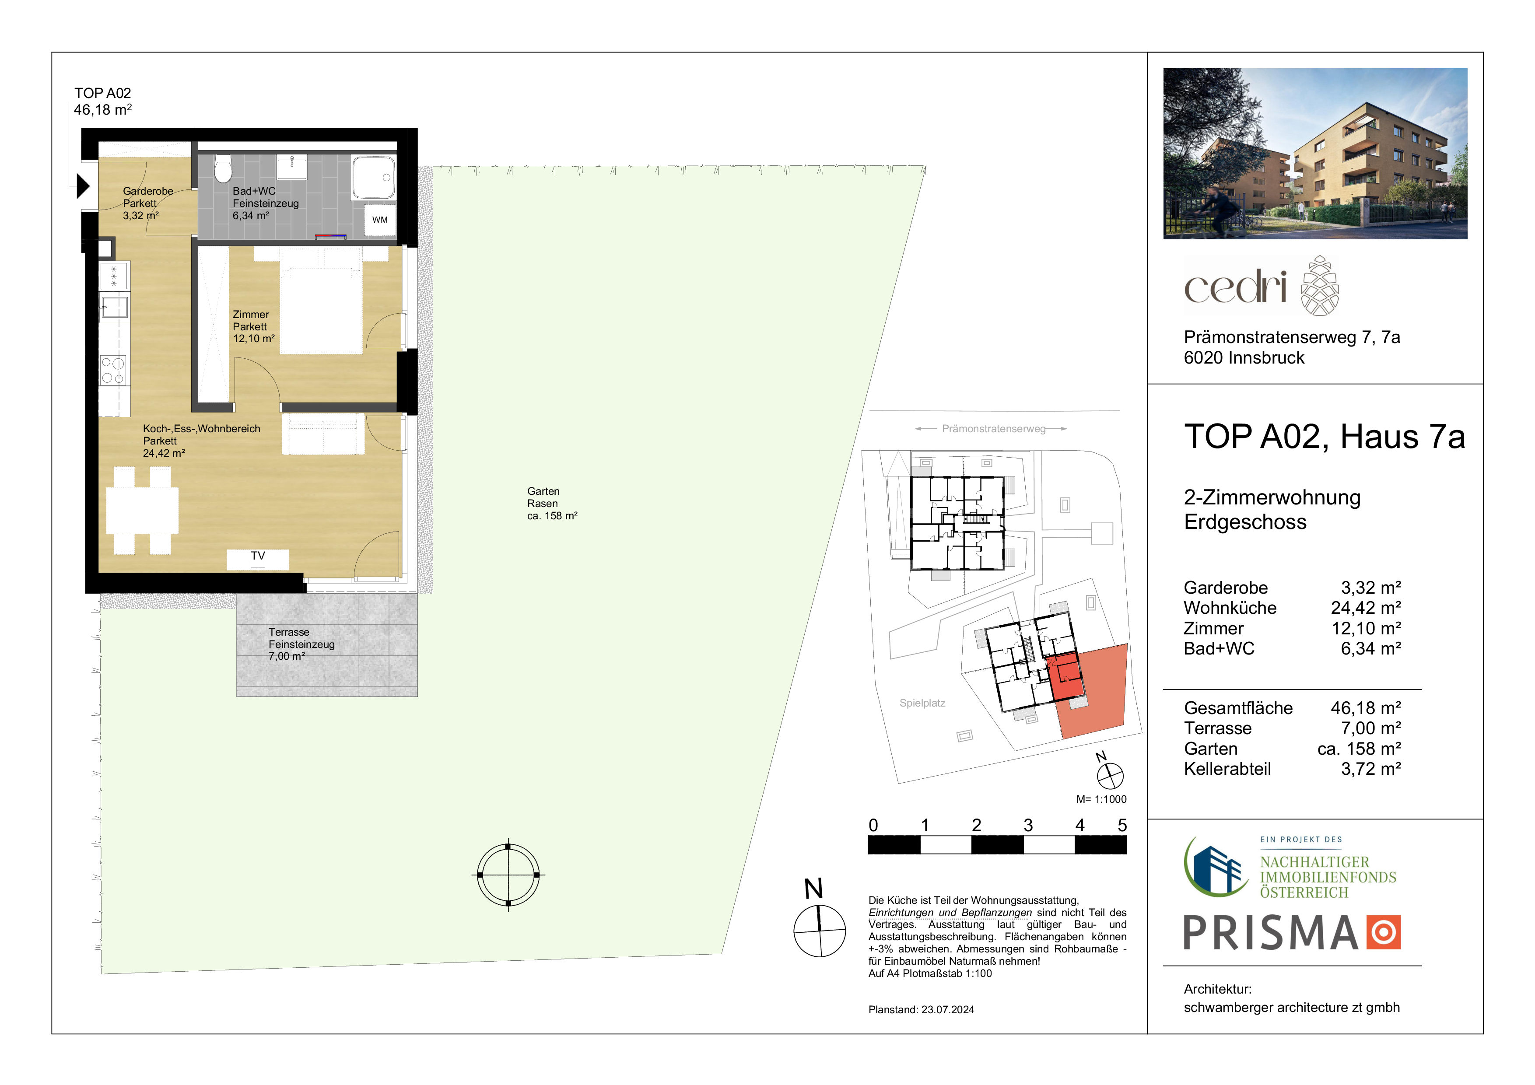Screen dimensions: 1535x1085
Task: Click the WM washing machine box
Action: click(x=380, y=219)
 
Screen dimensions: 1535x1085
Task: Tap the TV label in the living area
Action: click(x=258, y=556)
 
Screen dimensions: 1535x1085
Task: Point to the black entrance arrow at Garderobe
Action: click(x=83, y=186)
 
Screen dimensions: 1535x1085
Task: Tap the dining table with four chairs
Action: click(x=142, y=510)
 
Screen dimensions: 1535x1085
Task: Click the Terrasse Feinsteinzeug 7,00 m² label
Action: click(x=301, y=644)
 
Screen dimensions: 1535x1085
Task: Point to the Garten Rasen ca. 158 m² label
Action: click(x=552, y=504)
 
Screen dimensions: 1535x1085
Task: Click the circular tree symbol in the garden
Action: click(x=508, y=875)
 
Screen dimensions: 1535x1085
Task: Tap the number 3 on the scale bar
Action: click(x=1028, y=826)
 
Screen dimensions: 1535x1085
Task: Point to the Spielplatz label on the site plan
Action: click(x=922, y=703)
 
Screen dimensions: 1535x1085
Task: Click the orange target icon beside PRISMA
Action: click(x=1383, y=932)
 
